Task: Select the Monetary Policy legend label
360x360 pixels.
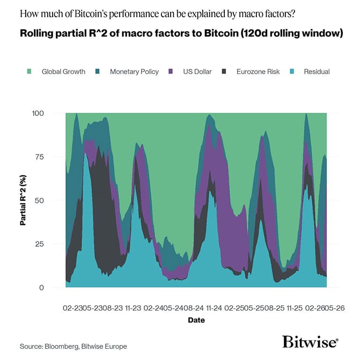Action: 134,71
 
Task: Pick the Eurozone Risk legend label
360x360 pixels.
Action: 258,71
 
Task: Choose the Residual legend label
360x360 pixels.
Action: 317,71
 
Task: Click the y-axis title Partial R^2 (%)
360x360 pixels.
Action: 24,200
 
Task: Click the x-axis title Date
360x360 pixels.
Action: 196,320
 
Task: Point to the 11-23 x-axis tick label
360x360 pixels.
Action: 134,308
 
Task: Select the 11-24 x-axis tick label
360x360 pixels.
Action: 214,308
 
